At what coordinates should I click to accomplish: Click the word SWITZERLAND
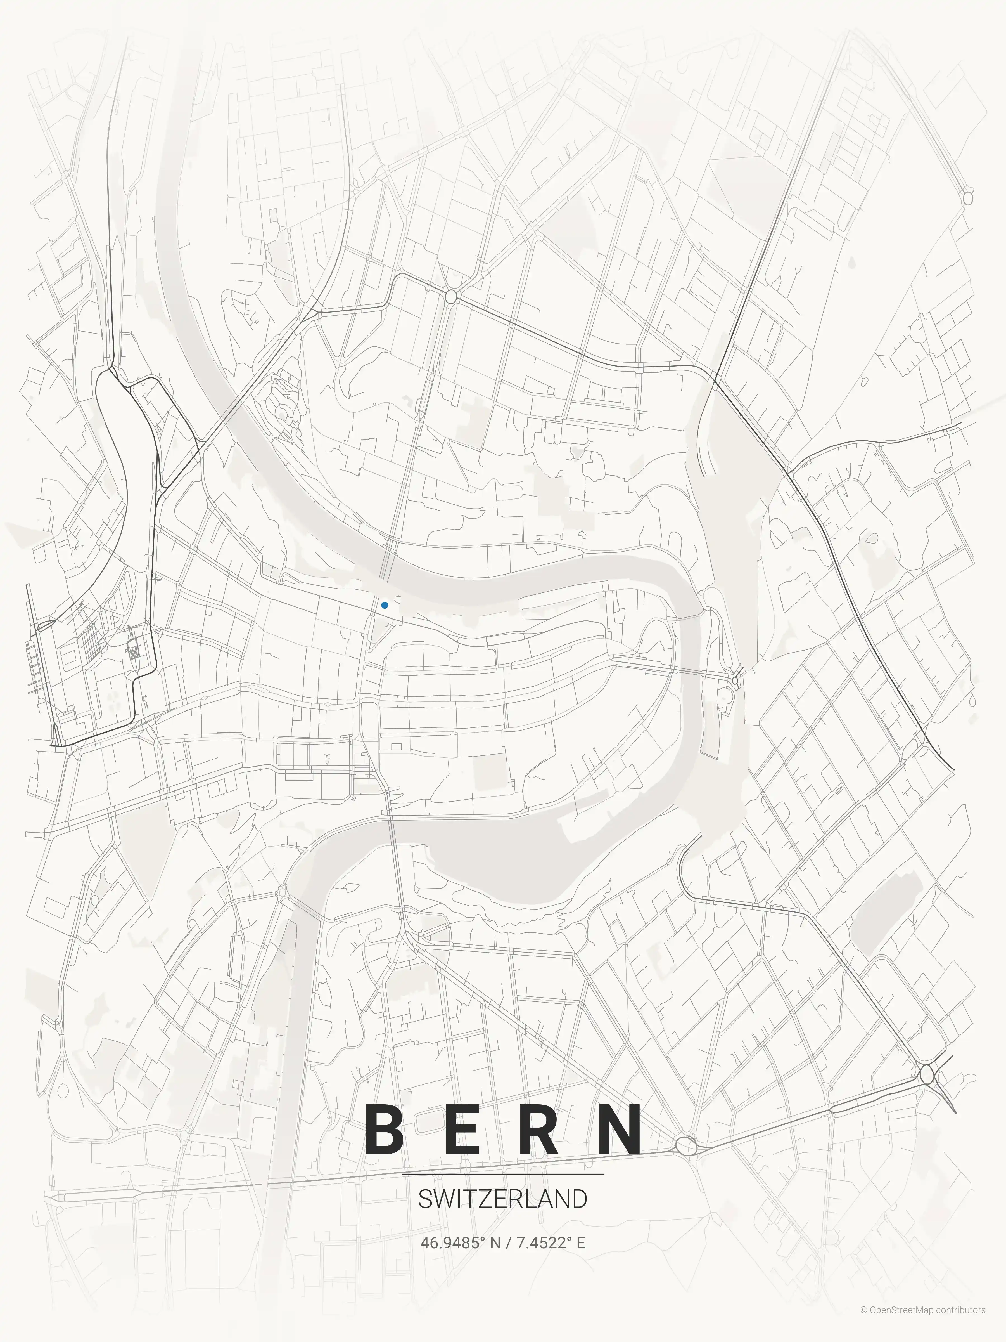pyautogui.click(x=503, y=1199)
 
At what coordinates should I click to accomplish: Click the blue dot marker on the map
pyautogui.click(x=385, y=605)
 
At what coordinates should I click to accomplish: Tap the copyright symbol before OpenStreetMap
pyautogui.click(x=863, y=1322)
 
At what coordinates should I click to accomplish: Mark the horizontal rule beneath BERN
pyautogui.click(x=503, y=1174)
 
